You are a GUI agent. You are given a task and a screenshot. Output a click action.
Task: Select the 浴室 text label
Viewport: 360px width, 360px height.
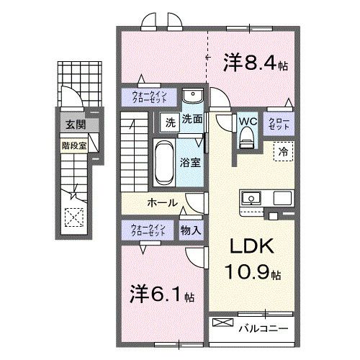click(x=191, y=163)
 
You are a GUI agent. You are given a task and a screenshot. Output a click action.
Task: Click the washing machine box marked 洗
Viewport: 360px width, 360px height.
click(x=170, y=120)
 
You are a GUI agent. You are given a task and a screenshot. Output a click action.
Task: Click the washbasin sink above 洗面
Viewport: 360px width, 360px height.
click(x=192, y=98)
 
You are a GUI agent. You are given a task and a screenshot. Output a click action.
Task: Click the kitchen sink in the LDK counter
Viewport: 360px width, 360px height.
click(x=253, y=197)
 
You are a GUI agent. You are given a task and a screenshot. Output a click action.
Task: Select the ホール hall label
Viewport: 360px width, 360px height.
click(x=163, y=203)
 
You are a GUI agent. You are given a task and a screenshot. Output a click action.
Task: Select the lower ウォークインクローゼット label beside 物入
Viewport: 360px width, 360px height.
click(x=148, y=230)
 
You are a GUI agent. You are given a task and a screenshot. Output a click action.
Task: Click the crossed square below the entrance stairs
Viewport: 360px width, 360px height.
click(x=73, y=217)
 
